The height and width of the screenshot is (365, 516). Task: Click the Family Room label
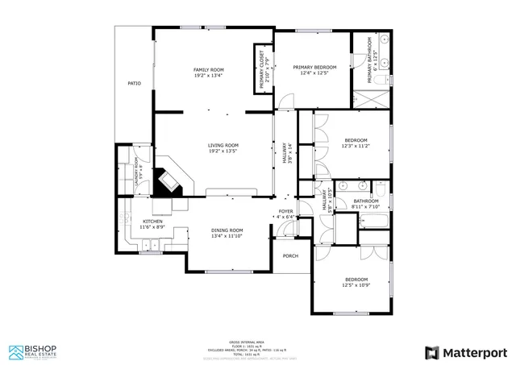click(x=208, y=70)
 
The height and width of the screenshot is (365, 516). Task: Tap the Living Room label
click(x=223, y=145)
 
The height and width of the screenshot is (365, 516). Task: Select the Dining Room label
click(x=227, y=230)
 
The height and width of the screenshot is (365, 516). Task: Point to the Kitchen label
click(x=153, y=222)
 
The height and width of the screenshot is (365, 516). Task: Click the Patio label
click(x=134, y=83)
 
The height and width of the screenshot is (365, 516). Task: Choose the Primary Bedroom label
click(x=314, y=67)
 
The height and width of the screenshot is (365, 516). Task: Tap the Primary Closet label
click(x=262, y=70)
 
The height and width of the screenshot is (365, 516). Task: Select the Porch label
click(x=289, y=256)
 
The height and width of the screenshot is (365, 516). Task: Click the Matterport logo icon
click(x=431, y=352)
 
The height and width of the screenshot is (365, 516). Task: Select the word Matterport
click(x=475, y=352)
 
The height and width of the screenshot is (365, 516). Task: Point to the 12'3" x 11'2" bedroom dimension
click(x=355, y=146)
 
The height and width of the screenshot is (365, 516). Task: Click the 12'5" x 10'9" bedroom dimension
click(x=354, y=285)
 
